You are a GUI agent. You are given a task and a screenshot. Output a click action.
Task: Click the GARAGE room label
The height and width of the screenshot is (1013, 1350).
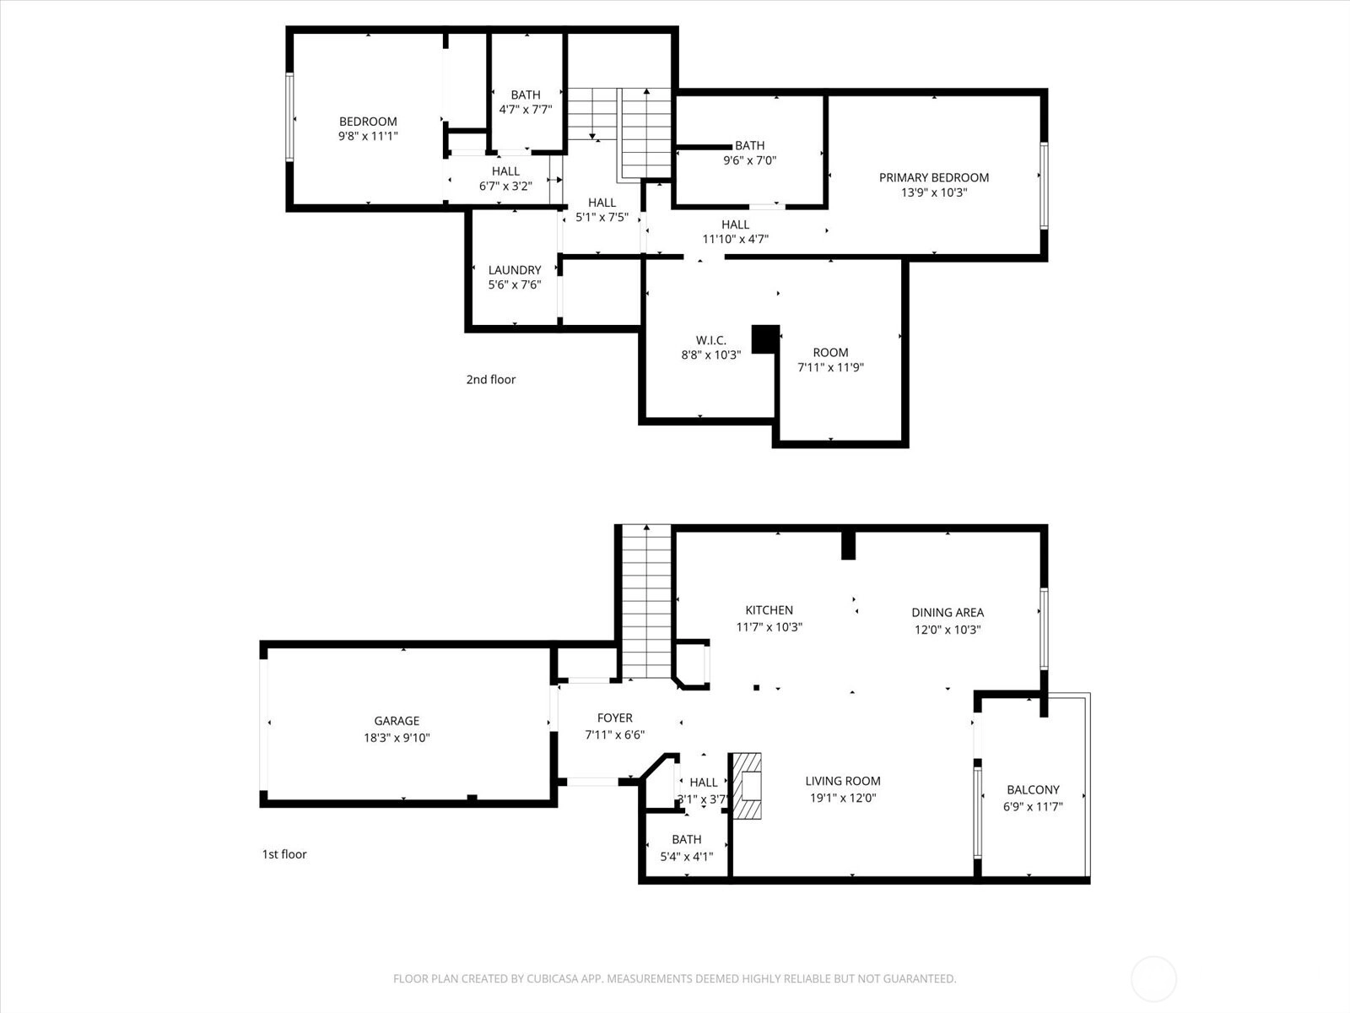pos(397,720)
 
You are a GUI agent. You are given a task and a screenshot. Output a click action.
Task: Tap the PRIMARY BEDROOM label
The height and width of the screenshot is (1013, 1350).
pos(934,177)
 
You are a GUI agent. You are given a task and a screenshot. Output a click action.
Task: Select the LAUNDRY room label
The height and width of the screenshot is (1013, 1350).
pos(514,269)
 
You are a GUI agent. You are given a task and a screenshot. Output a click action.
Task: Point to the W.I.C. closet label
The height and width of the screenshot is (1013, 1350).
pos(711,339)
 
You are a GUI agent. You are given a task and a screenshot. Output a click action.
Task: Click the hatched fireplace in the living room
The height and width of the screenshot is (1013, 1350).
pos(746,785)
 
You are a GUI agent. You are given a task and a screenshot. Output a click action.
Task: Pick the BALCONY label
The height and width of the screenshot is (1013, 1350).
pos(1033,789)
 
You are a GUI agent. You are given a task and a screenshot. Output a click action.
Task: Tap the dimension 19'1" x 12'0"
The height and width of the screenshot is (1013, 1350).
pos(843,798)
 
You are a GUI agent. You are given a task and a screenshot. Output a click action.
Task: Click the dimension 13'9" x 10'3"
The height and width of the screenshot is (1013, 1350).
pos(934,192)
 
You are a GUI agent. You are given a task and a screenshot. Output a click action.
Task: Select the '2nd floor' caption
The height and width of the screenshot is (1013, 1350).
pos(491,379)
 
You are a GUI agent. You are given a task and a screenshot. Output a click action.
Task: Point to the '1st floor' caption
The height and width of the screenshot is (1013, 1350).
pos(284,853)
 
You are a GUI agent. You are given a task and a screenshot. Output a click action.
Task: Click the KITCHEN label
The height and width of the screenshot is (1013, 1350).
pos(769,609)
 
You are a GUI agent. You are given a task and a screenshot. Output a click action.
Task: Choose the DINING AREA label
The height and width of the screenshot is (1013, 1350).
pos(948,612)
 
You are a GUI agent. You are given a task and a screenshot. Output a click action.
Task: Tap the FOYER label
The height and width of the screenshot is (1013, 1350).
pos(614,718)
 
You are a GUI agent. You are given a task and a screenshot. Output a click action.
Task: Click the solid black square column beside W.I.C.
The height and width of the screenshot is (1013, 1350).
pos(765,339)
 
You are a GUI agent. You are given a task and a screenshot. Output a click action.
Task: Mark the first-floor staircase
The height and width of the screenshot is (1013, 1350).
pos(646,602)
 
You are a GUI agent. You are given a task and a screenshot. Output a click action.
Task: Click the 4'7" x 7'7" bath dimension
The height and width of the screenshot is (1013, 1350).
pos(526,110)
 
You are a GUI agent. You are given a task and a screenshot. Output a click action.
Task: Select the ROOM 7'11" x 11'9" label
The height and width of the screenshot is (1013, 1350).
pos(830,360)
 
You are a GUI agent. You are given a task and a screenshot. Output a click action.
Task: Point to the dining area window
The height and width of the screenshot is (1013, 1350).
pos(1044,629)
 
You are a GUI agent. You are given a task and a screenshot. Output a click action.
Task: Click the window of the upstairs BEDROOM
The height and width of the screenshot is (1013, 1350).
pos(289,116)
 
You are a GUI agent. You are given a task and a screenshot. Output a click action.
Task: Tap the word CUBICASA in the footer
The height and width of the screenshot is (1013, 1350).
pos(553,978)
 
